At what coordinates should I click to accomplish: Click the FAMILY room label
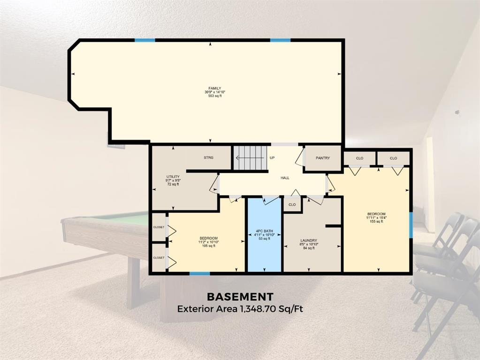(x=215, y=89)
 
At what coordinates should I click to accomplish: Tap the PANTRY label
(x=323, y=158)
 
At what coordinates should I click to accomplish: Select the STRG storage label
(x=208, y=158)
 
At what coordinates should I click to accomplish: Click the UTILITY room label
(x=173, y=177)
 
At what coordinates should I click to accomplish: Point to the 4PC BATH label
(x=265, y=231)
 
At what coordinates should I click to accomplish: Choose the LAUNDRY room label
(x=309, y=241)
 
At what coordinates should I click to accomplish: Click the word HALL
(x=285, y=178)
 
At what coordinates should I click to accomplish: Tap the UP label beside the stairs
(x=272, y=158)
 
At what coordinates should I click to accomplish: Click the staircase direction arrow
(x=250, y=158)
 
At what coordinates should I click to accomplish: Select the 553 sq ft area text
(x=215, y=96)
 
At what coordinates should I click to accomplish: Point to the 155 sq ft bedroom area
(x=376, y=221)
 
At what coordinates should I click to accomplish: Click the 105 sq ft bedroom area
(x=208, y=246)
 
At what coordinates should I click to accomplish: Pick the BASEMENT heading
(x=240, y=297)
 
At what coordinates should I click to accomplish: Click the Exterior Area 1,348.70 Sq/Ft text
(x=240, y=309)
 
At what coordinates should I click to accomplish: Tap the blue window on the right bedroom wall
(x=411, y=225)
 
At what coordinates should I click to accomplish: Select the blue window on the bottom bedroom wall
(x=199, y=273)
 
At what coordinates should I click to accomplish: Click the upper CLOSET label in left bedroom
(x=159, y=227)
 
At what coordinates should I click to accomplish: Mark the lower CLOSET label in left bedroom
(x=159, y=258)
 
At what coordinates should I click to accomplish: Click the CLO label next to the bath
(x=292, y=205)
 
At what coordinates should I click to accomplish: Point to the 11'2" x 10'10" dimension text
(x=208, y=242)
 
